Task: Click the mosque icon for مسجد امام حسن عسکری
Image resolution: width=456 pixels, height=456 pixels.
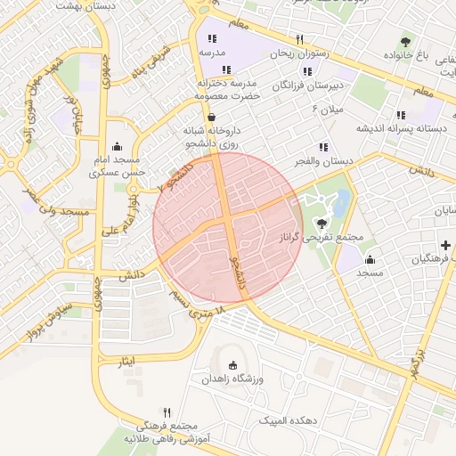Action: (117, 148)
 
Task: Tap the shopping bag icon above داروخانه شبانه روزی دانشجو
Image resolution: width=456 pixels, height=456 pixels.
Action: (211, 117)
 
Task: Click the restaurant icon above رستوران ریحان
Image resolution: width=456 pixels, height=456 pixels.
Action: (299, 39)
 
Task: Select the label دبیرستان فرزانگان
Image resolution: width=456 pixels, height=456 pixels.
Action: (312, 85)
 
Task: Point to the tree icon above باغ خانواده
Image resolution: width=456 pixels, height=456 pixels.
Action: (406, 42)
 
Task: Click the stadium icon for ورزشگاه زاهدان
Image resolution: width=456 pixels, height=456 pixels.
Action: (233, 365)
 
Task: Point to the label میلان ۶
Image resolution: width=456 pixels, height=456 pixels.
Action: (327, 109)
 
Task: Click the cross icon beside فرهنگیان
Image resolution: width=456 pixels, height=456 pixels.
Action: (444, 245)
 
